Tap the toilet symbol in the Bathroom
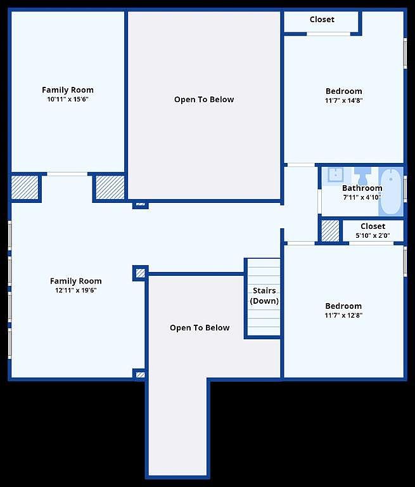362,176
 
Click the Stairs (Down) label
264,295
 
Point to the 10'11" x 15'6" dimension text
68,100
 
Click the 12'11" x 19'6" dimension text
76,290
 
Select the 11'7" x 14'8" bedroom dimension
344,101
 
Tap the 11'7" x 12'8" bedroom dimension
343,316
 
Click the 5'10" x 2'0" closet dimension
373,236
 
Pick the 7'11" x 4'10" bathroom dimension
362,197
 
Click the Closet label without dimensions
322,20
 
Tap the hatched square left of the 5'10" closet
330,231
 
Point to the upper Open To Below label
204,100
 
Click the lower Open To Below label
200,328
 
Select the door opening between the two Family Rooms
67,174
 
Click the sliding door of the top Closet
328,34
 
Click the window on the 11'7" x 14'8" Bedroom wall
405,53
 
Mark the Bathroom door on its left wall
319,201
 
